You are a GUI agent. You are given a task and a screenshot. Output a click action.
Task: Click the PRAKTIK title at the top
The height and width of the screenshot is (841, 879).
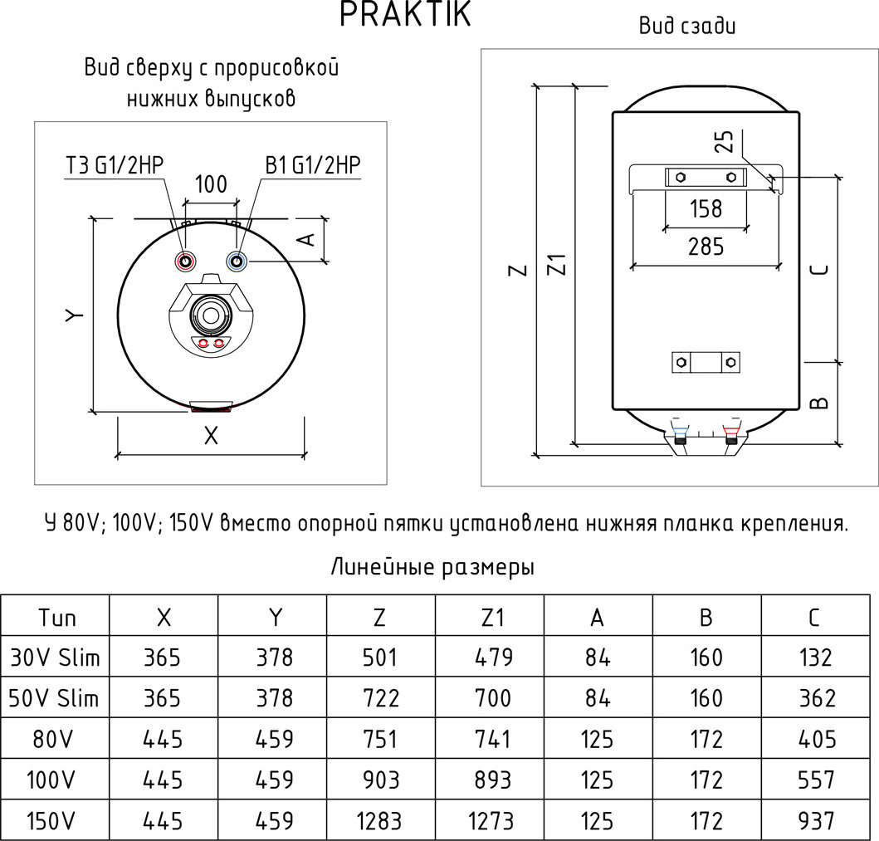pos(406,15)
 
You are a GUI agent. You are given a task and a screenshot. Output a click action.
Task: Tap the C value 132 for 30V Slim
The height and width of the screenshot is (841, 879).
pos(816,658)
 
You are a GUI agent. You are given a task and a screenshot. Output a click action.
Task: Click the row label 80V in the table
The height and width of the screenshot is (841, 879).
pos(55,739)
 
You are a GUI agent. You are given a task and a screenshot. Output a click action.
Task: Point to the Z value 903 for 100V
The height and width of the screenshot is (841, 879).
pos(381,780)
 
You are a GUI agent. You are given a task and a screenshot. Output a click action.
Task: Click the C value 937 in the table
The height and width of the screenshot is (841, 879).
pos(816,821)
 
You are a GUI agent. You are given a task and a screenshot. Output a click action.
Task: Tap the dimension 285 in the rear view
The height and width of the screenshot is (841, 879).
pos(706,246)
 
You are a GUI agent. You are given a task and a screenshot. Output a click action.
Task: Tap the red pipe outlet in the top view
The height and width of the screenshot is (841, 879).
pos(185,262)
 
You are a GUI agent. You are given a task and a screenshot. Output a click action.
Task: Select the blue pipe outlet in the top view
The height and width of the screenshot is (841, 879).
pos(238,262)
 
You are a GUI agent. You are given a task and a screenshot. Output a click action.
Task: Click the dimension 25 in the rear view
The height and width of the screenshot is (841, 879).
pos(725,142)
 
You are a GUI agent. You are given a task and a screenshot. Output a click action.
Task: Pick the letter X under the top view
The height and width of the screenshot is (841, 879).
pos(212,435)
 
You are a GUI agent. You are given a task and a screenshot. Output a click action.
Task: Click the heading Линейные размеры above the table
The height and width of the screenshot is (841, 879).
pos(432,568)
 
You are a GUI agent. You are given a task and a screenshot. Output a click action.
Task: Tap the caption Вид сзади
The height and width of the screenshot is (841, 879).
pos(687,27)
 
